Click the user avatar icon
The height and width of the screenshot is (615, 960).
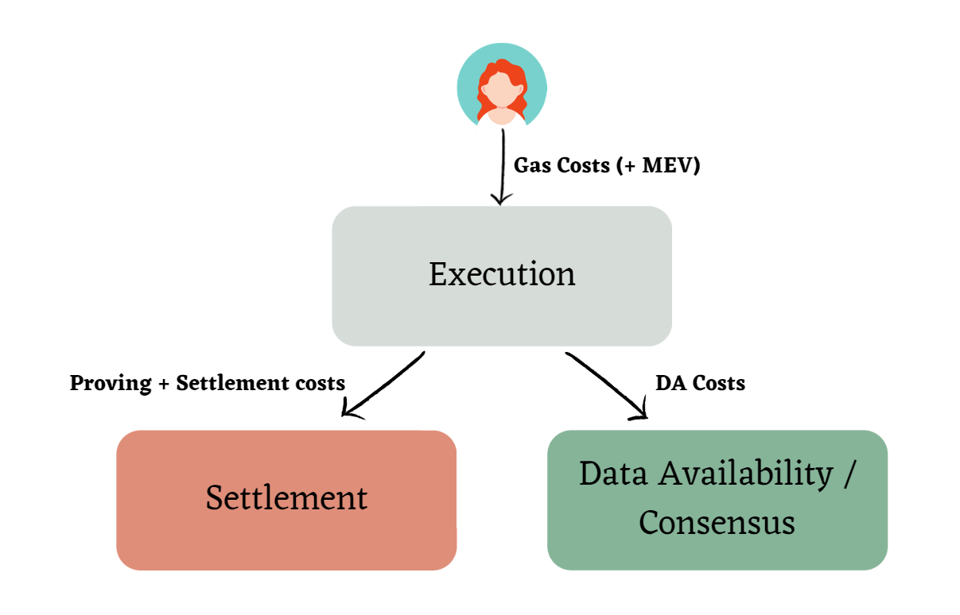(x=502, y=87)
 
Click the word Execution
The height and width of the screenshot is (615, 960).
(x=502, y=275)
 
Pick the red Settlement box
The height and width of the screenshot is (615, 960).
(x=286, y=540)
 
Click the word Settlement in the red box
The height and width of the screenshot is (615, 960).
(x=286, y=498)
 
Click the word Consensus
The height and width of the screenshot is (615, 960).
(x=717, y=523)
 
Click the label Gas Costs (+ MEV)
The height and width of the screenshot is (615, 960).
(x=607, y=166)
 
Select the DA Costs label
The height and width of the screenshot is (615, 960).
(x=700, y=383)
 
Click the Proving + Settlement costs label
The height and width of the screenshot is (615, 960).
(x=208, y=383)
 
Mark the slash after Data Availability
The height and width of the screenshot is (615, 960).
(x=849, y=474)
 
